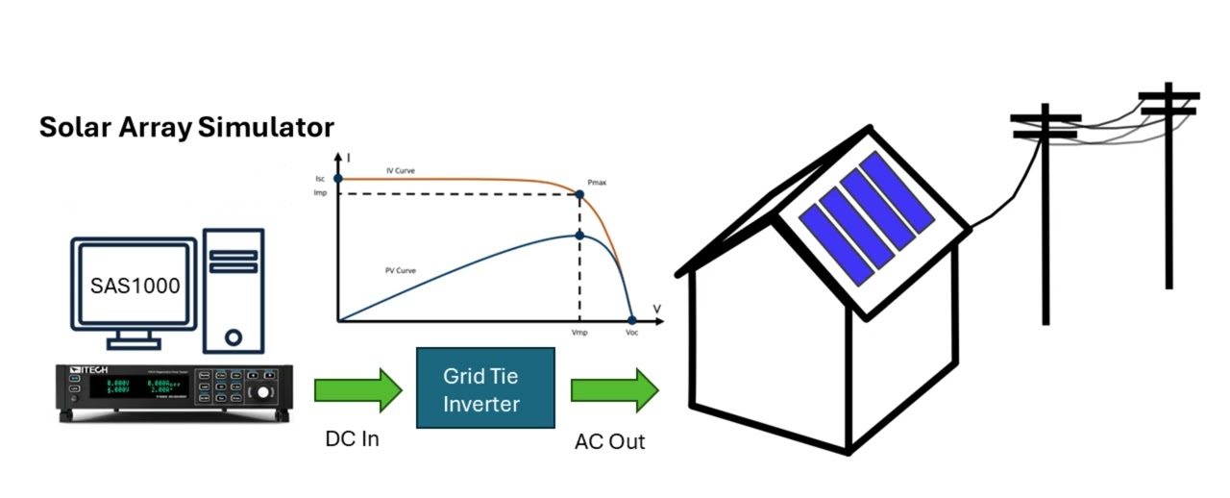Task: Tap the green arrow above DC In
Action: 357,390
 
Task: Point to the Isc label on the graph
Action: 320,179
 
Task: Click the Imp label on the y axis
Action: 320,193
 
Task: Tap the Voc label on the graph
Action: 631,333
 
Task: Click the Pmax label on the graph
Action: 598,182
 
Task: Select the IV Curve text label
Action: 401,171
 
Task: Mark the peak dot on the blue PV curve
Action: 579,235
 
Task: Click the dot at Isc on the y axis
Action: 337,179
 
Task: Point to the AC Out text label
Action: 610,442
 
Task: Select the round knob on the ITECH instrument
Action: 260,394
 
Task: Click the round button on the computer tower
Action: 234,337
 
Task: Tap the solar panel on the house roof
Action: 869,217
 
